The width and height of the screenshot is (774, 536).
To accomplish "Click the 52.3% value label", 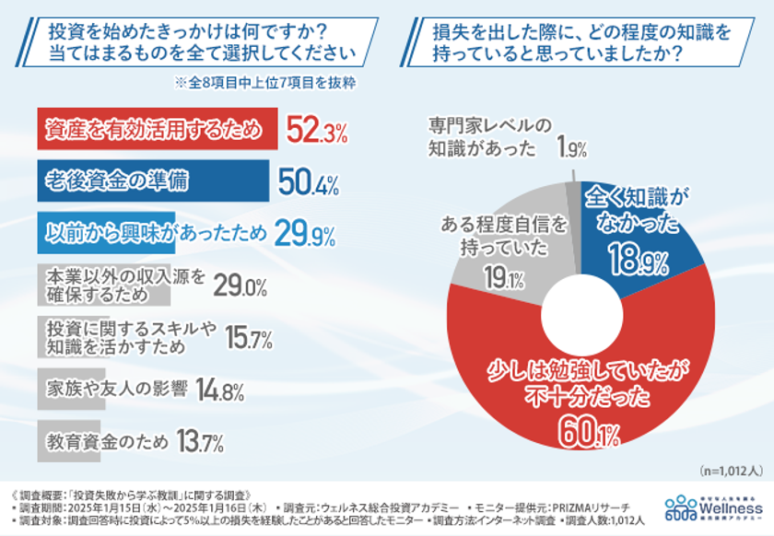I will tap(317, 131).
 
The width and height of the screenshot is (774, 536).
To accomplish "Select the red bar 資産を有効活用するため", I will tap(158, 130).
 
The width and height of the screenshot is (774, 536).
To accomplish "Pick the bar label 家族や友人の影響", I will tap(116, 390).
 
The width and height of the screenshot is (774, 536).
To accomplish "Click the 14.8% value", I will tap(220, 391).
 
